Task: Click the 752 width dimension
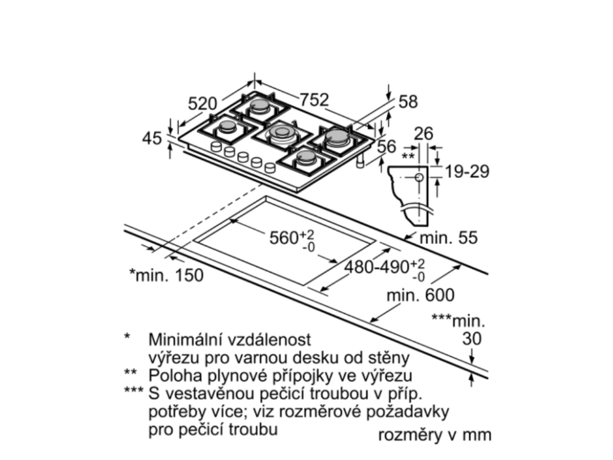[x=315, y=101]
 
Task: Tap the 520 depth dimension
[x=202, y=103]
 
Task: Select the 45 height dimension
[x=153, y=138]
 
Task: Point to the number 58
[x=408, y=102]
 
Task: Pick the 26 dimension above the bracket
[x=423, y=134]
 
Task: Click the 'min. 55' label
[x=448, y=238]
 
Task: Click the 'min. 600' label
[x=420, y=295]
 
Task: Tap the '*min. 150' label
[x=166, y=275]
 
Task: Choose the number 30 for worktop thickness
[x=472, y=338]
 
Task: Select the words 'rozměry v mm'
[x=435, y=434]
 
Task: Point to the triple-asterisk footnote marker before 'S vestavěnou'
[x=133, y=392]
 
